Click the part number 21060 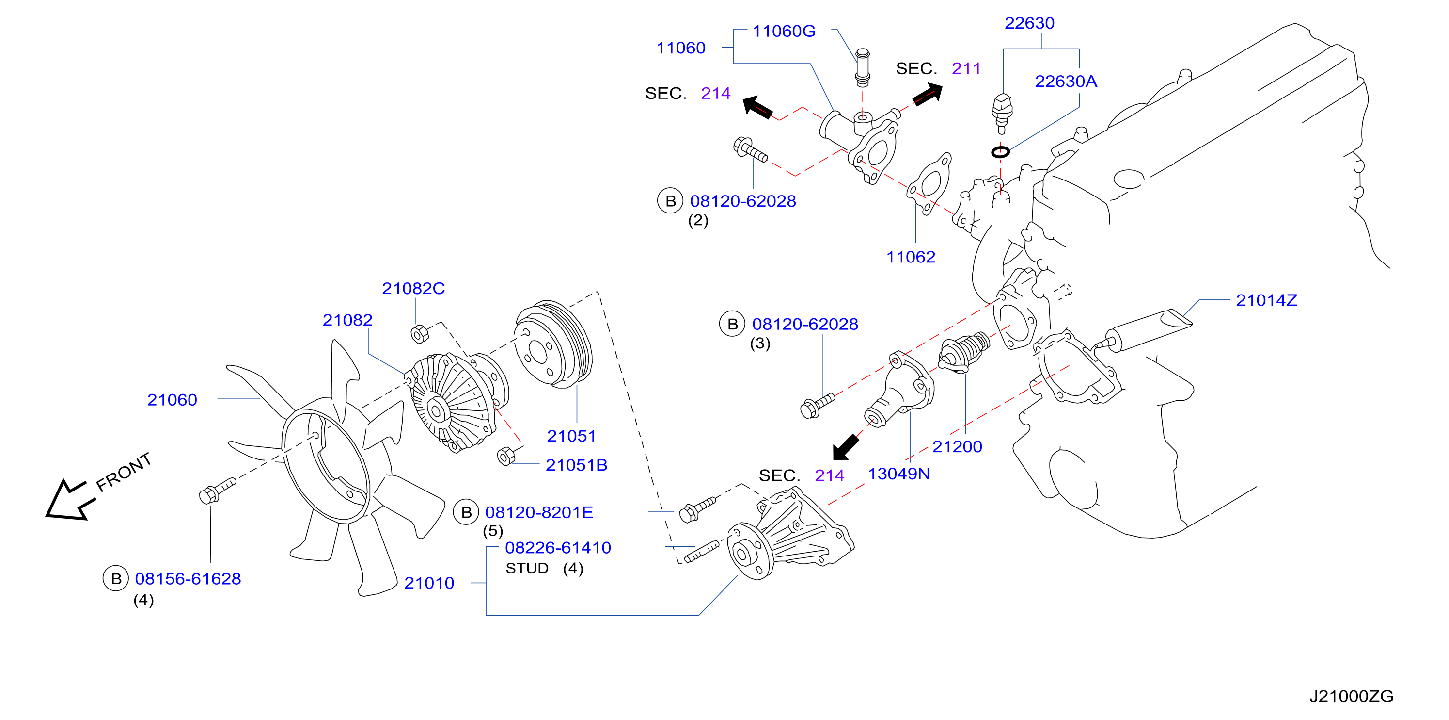click(x=172, y=400)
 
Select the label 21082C click(x=413, y=288)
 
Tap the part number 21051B click(x=577, y=465)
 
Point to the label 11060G click(x=784, y=31)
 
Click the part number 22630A click(x=1066, y=81)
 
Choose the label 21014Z click(x=1266, y=300)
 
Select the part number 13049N click(x=899, y=474)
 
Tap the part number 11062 click(x=911, y=257)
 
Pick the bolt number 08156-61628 click(x=188, y=579)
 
